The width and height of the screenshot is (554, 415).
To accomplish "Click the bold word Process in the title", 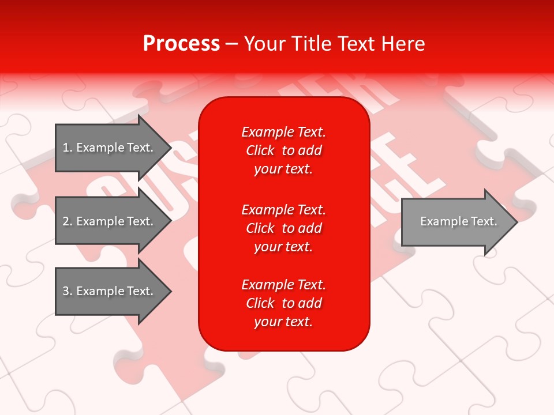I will (181, 44).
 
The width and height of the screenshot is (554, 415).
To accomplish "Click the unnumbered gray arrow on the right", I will (456, 221).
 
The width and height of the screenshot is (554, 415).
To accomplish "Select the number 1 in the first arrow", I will (66, 148).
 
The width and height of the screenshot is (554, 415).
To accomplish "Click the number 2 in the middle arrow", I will (66, 221).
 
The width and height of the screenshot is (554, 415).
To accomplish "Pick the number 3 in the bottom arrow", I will (66, 291).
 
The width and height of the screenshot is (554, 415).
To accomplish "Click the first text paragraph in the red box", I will (283, 150).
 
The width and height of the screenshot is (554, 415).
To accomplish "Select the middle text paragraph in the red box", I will (283, 228).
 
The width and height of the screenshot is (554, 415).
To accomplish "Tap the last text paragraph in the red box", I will (283, 303).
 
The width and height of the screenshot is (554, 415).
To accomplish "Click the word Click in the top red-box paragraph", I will (260, 150).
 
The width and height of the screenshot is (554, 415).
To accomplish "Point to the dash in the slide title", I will (231, 44).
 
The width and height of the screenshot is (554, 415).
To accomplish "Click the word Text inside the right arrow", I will (484, 221).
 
